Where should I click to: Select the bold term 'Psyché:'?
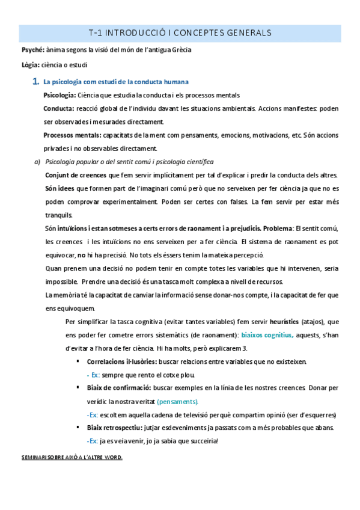[x=31, y=50]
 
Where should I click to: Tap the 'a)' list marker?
[x=37, y=162]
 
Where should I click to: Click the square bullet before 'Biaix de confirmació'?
[x=78, y=388]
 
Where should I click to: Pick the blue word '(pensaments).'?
[x=181, y=401]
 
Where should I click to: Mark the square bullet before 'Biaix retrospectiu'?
[x=78, y=428]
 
